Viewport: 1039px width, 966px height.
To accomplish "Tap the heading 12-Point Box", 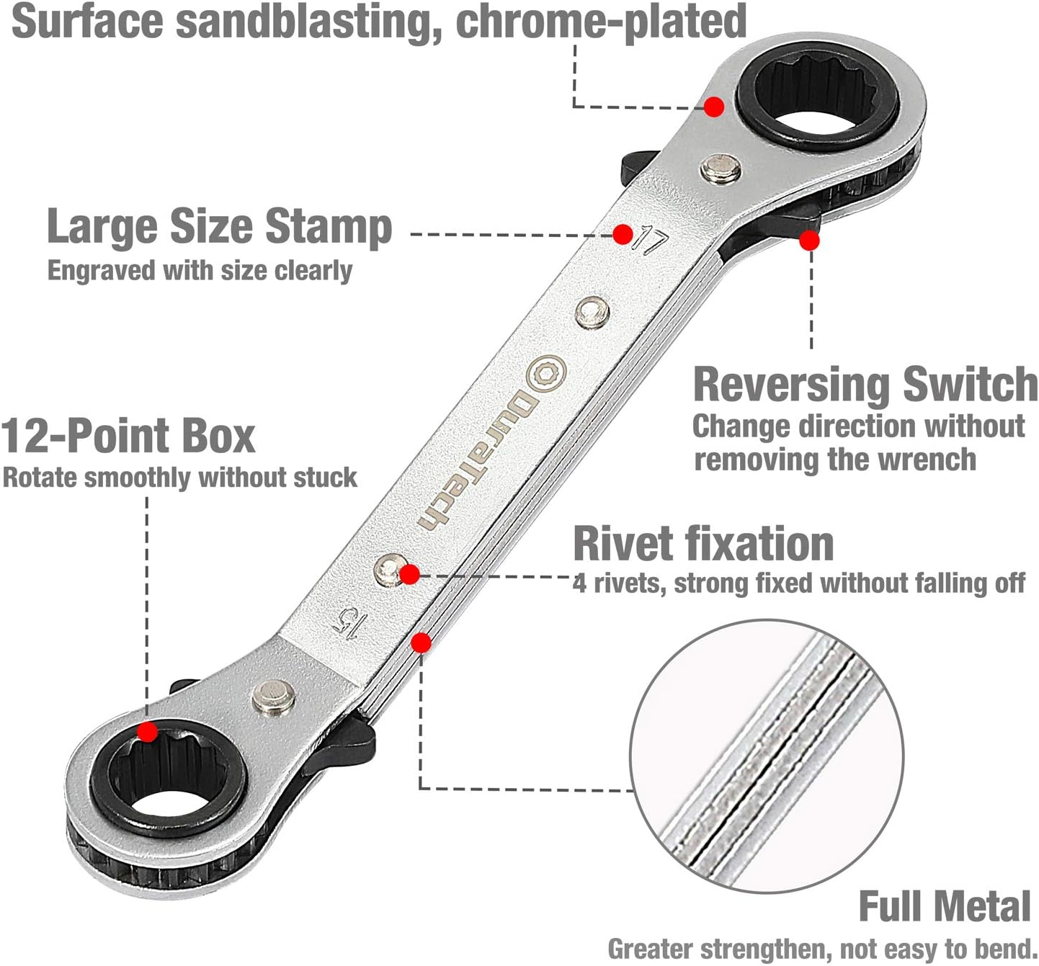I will pos(128,436).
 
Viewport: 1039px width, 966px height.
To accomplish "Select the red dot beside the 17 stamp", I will pos(623,234).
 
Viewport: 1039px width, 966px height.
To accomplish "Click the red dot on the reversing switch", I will pos(810,241).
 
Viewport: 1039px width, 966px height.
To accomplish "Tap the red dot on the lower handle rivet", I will pos(409,574).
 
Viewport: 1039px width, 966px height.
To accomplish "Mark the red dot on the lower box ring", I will pos(147,732).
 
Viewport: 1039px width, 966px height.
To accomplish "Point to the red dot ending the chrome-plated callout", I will pos(714,107).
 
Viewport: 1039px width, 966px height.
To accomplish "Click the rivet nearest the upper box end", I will pos(721,169).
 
